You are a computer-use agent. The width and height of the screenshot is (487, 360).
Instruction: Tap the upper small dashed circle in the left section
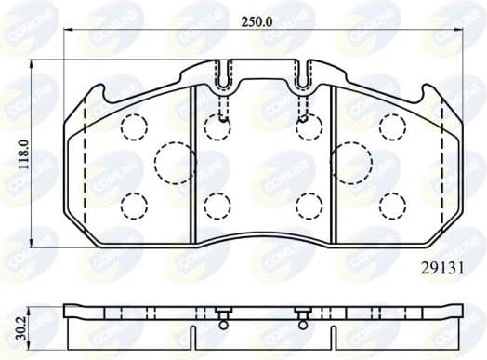(x=135, y=126)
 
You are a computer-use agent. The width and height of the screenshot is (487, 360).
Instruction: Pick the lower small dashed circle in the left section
(x=135, y=203)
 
